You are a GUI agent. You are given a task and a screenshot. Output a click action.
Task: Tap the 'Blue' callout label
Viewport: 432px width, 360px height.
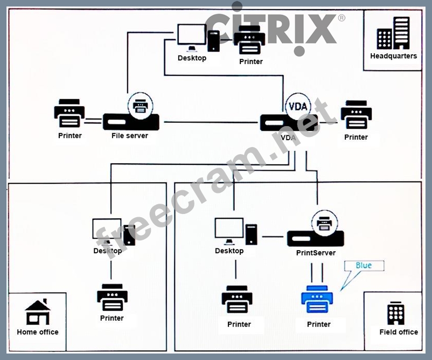click(364, 265)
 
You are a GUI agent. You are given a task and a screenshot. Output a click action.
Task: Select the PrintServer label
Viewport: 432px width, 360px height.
click(316, 253)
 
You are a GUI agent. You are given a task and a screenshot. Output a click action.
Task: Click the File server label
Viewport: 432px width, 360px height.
click(130, 135)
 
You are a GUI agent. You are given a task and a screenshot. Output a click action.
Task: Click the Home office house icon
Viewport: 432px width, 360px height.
click(37, 312)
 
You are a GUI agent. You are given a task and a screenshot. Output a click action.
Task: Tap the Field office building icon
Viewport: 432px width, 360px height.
click(396, 313)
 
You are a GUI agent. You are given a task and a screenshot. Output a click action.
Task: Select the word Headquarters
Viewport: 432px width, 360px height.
click(393, 56)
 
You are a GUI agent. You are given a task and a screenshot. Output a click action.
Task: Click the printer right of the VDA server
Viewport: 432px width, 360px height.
click(356, 115)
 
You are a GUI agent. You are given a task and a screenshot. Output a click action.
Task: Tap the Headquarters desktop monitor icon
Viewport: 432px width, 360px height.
click(192, 37)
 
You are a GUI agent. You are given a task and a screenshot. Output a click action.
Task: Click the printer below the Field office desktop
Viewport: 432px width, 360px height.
click(238, 300)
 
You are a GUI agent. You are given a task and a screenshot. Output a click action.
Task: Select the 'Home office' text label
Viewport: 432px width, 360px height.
click(38, 332)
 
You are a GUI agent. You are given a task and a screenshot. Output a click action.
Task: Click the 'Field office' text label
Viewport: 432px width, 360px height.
click(399, 332)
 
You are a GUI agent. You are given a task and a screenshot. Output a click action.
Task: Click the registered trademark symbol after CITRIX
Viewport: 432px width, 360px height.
click(342, 17)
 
